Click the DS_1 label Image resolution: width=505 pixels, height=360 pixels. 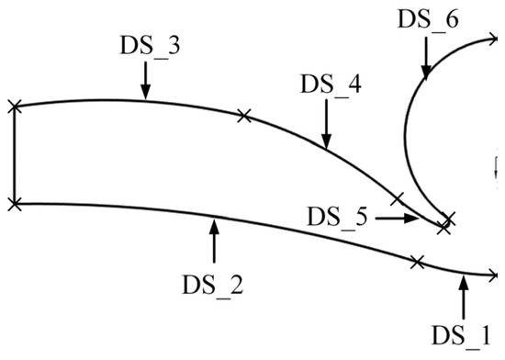point(465,334)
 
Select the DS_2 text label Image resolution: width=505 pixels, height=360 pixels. point(212,285)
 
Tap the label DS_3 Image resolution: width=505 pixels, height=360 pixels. point(149,45)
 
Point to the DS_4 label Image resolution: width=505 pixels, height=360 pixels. point(331,84)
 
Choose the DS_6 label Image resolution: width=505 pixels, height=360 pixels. point(428,20)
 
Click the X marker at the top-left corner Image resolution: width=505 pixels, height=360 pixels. point(14,107)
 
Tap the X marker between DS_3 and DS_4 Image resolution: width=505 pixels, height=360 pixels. point(243,115)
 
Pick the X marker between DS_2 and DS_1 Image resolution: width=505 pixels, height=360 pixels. point(418,262)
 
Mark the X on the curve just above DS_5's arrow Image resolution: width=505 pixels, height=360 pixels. point(397,198)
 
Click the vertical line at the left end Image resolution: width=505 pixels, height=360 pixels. point(14,155)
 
